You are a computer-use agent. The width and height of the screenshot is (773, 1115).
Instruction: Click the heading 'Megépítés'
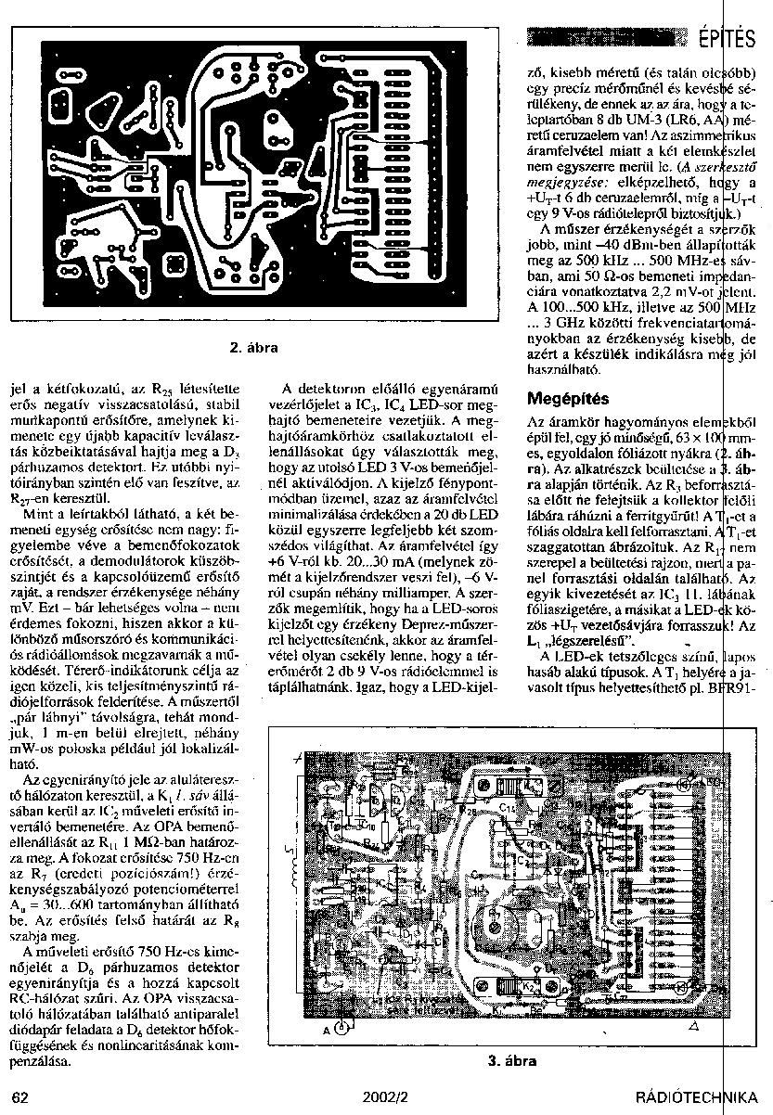pyautogui.click(x=568, y=400)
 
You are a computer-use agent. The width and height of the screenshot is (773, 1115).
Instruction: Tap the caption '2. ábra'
pyautogui.click(x=253, y=348)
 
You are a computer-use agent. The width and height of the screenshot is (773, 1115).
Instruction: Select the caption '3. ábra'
pyautogui.click(x=512, y=1061)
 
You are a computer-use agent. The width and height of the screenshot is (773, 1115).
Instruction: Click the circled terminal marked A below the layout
pyautogui.click(x=341, y=1027)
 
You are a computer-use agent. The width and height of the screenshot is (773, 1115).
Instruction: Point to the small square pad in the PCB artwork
pyautogui.click(x=173, y=266)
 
